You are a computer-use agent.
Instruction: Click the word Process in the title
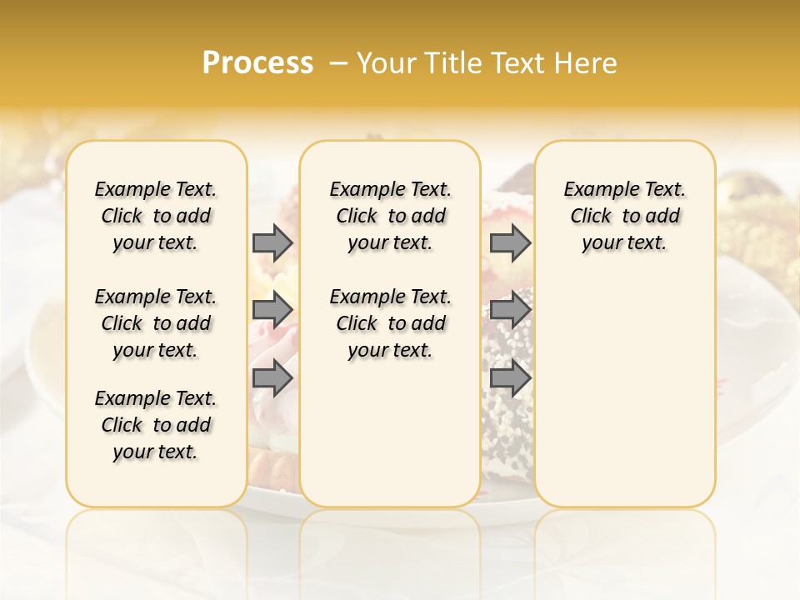[257, 63]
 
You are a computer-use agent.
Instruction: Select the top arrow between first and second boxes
[272, 242]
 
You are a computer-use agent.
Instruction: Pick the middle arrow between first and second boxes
[272, 310]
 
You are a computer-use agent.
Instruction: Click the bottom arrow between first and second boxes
[272, 377]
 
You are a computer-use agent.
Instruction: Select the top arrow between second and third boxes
[510, 242]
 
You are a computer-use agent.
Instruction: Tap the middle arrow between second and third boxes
[510, 310]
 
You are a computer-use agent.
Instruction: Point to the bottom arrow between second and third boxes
[510, 377]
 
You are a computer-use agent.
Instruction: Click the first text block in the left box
[156, 216]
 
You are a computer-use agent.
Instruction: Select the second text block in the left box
[156, 323]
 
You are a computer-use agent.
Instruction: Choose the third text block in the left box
[156, 425]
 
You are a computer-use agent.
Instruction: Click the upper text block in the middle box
[390, 216]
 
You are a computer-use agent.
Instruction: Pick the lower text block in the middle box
[390, 323]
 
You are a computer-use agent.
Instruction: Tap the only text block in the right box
[625, 216]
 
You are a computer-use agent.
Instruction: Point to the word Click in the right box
[591, 217]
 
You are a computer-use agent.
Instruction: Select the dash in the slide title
[337, 63]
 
